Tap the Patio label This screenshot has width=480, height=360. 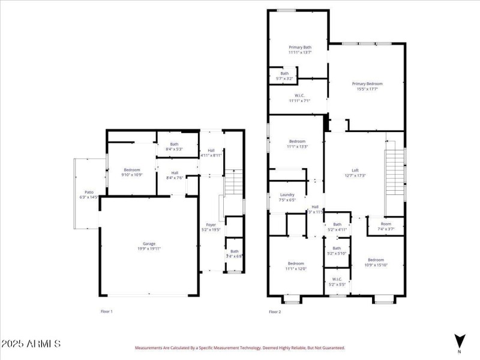point(88,194)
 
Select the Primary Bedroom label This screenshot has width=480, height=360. point(367,86)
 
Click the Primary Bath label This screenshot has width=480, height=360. point(299,50)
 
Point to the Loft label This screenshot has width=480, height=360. point(355,173)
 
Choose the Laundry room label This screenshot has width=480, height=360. point(287,197)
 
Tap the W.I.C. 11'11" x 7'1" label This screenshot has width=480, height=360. point(299,98)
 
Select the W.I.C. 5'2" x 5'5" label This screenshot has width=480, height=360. point(337,281)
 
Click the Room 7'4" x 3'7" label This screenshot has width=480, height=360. point(385,226)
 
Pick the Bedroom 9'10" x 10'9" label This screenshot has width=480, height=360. point(131,173)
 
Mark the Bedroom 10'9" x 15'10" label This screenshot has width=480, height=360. point(376,262)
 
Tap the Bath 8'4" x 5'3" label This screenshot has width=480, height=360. point(174,146)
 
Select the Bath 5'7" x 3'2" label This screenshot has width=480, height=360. point(284,76)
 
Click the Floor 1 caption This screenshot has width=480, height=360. point(106,311)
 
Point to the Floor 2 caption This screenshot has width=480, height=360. point(275,311)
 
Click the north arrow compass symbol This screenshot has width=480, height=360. point(460,340)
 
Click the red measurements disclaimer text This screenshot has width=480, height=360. point(239,347)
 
